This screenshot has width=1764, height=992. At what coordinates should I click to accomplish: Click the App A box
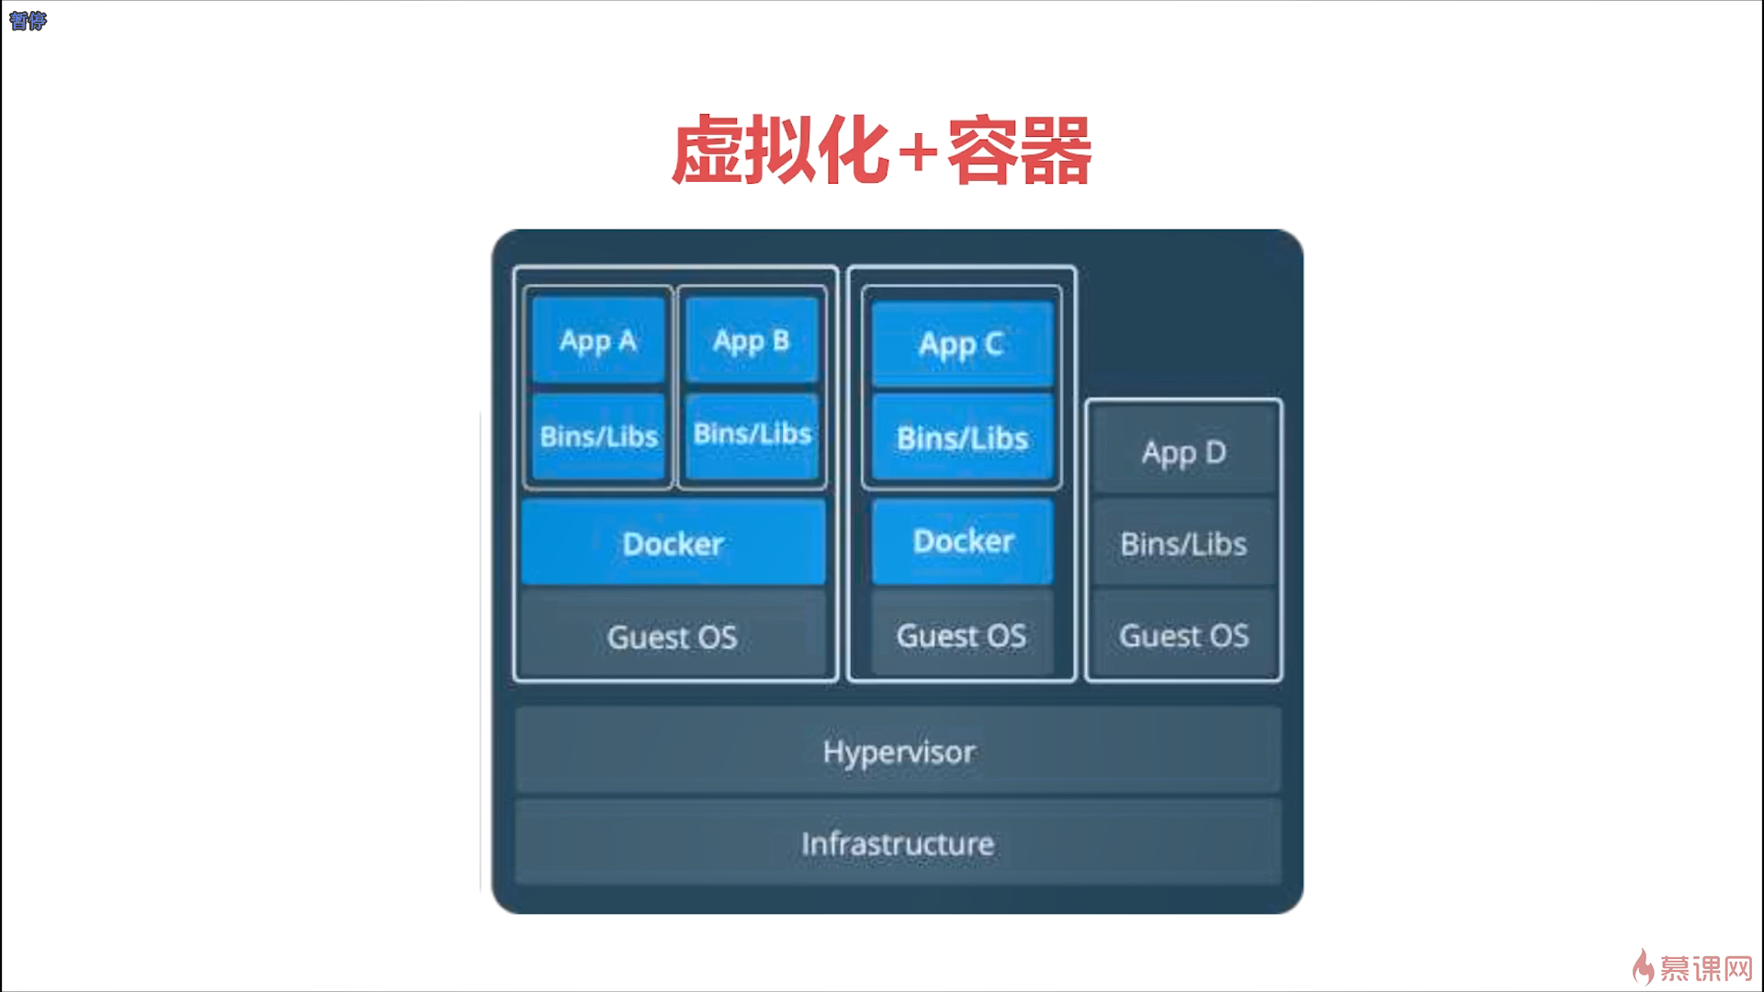point(598,341)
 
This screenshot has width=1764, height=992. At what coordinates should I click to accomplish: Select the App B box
point(752,341)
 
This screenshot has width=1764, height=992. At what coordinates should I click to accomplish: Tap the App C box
point(961,344)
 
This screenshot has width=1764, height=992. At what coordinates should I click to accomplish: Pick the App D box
point(1183,452)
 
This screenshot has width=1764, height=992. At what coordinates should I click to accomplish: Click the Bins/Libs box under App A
point(598,436)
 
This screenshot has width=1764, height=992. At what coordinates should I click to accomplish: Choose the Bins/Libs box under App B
point(752,434)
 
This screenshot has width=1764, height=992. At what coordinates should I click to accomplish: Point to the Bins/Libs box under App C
point(961,438)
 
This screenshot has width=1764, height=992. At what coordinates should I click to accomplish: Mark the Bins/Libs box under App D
point(1183,544)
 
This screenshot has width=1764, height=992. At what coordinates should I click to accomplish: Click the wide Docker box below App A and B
point(673,543)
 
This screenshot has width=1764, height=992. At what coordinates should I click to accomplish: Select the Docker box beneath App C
point(963,541)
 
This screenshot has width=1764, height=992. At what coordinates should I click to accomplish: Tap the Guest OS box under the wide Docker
point(673,637)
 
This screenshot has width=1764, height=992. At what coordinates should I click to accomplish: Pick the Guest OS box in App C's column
point(961,636)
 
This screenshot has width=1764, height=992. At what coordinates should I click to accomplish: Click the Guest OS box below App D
point(1183,636)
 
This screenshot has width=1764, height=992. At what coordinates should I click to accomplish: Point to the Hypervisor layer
point(898,751)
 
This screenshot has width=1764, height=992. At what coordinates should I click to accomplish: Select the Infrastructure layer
point(898,843)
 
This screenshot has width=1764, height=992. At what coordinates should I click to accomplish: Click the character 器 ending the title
point(1055,151)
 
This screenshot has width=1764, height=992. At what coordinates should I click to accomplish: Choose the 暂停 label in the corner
point(28,20)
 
